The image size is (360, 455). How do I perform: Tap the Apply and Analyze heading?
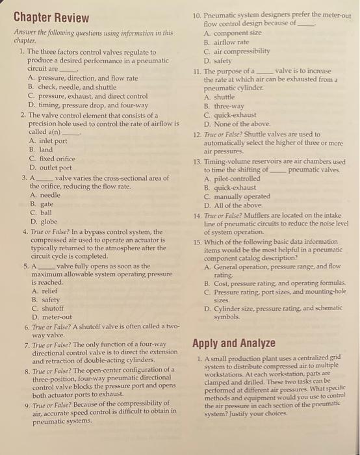[x=234, y=343]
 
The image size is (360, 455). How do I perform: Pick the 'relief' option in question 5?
[x=42, y=292]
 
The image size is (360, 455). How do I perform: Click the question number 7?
[x=25, y=344]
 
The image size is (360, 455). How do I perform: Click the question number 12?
[x=197, y=134]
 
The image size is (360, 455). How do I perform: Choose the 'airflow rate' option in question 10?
[x=235, y=41]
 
